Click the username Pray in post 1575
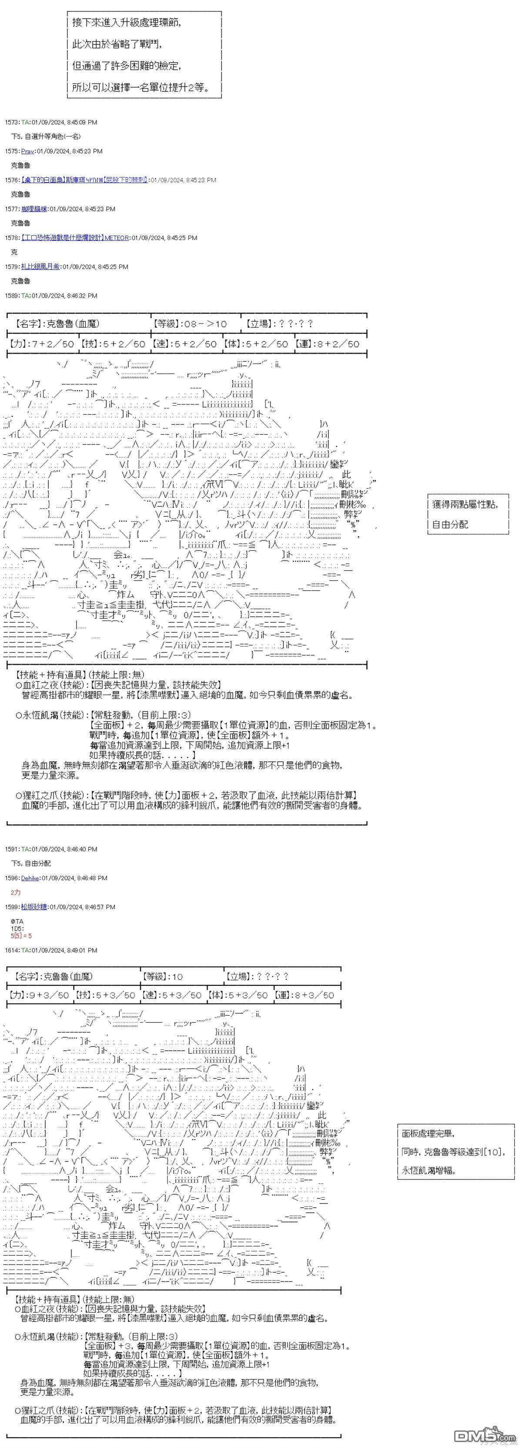27,151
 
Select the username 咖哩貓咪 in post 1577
34,209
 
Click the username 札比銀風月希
40,267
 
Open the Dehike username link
30,878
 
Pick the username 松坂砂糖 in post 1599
34,907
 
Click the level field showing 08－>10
190,324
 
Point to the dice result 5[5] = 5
21,936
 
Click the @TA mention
17,921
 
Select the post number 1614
11,951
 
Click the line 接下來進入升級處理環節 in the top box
127,23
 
